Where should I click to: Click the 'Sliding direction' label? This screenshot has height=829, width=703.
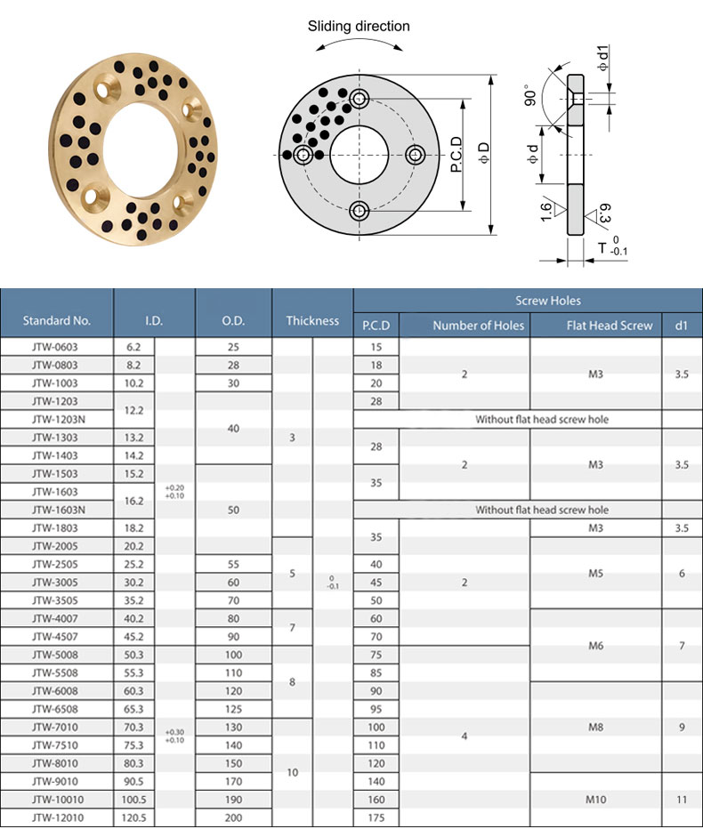coord(359,27)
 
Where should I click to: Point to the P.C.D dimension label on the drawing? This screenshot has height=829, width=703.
coord(457,155)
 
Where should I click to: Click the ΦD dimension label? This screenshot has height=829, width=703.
coord(483,153)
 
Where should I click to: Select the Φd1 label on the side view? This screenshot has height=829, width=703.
coord(602,58)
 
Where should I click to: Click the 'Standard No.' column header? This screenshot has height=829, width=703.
coord(57,320)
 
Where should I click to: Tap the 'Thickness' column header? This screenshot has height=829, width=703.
coord(312,320)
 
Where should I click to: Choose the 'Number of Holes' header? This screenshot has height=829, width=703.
coord(478,326)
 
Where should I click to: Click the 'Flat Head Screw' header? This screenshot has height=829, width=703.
coord(610,326)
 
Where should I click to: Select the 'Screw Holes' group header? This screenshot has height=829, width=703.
coord(548,301)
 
